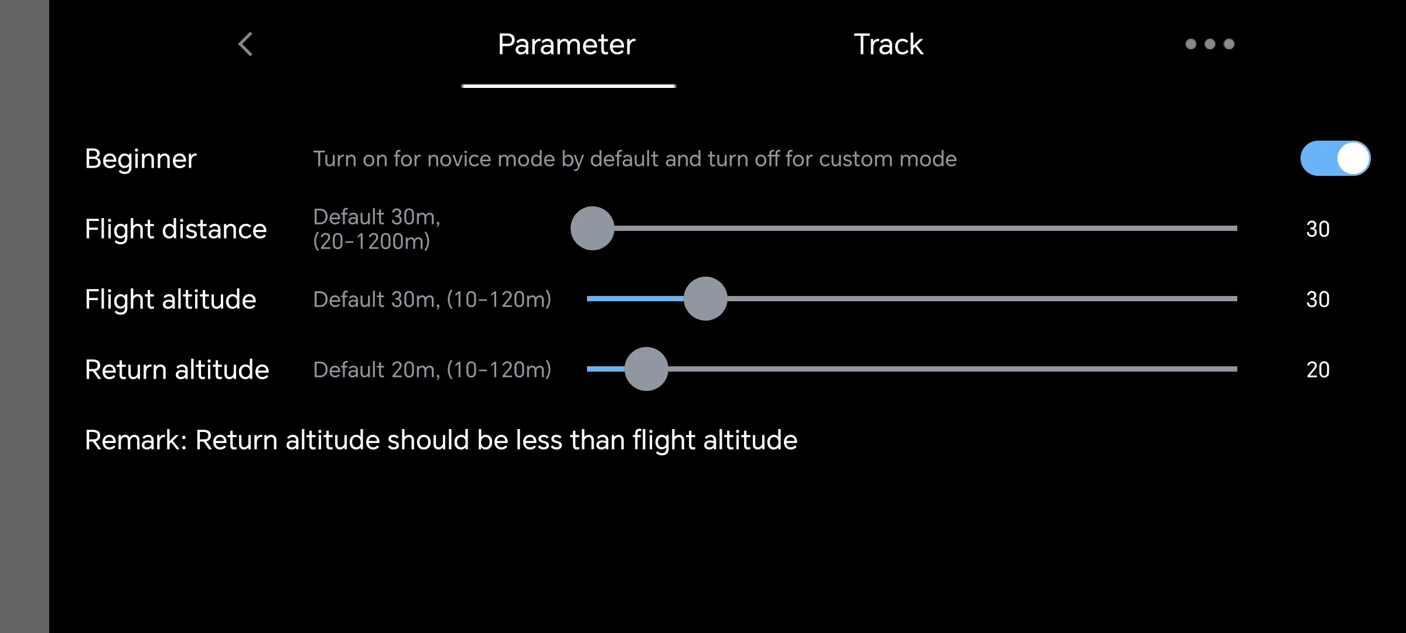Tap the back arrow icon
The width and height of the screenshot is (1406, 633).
pos(245,44)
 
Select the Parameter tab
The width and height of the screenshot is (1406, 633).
pos(567,45)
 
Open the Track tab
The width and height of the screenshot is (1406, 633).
pos(888,45)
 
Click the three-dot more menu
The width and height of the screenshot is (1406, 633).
pos(1210,44)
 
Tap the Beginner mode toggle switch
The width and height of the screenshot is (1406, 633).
pos(1335,158)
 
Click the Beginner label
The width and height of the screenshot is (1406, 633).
pos(141,159)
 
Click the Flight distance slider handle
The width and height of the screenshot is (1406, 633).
pos(592,228)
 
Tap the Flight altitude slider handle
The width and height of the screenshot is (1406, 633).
pos(705,298)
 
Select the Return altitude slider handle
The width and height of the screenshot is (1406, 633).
pos(646,369)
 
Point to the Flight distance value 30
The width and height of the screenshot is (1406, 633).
pos(1318,229)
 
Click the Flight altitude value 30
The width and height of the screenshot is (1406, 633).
pos(1318,300)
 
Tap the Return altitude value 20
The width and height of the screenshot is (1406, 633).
pos(1318,370)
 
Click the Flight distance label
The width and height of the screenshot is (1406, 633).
pos(176,229)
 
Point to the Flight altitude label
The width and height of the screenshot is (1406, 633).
pos(170,300)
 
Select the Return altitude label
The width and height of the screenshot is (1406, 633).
pos(177,370)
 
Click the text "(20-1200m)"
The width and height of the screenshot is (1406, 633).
pos(371,241)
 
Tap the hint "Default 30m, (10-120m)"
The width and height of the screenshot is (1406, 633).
pos(432,300)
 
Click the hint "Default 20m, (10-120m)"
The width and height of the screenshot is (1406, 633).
pos(432,370)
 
